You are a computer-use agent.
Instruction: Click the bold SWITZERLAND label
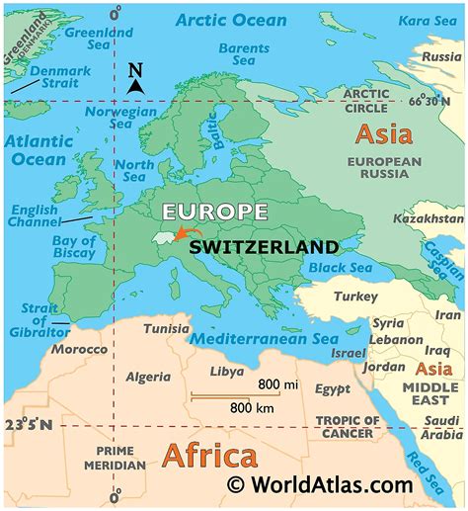tap(264, 246)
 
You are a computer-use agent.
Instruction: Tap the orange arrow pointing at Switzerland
tap(181, 233)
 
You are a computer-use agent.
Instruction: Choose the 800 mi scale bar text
tap(279, 383)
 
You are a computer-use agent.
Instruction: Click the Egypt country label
tap(332, 389)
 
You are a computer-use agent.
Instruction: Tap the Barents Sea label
tap(243, 53)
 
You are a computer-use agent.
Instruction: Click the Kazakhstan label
tap(428, 217)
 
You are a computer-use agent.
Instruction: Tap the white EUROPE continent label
tap(215, 212)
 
